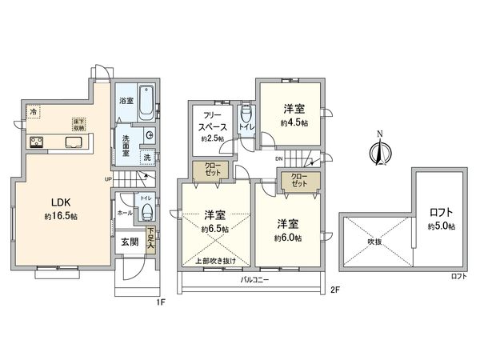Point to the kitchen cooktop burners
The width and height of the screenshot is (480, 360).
pyautogui.click(x=38, y=143)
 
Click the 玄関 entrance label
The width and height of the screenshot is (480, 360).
pyautogui.click(x=130, y=242)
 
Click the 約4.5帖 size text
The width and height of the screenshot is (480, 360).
pyautogui.click(x=293, y=124)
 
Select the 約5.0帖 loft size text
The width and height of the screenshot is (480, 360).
pyautogui.click(x=440, y=226)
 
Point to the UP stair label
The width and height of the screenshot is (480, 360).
pyautogui.click(x=108, y=179)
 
